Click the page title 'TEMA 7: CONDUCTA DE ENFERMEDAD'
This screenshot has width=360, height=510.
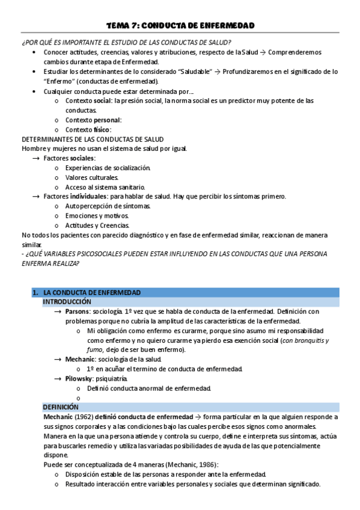point(180,25)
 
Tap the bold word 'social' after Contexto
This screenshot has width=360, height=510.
point(103,100)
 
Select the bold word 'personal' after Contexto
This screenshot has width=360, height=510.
point(107,120)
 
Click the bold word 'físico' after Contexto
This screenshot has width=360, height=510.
point(102,129)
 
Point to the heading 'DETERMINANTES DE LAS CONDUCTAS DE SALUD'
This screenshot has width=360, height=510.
point(92,139)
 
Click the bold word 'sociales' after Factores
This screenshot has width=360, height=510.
point(82,158)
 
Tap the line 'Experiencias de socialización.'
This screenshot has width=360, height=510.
point(108,167)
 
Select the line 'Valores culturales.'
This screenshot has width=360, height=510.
point(92,177)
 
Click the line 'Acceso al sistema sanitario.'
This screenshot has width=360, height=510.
point(105,186)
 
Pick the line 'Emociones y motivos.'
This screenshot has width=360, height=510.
point(97,215)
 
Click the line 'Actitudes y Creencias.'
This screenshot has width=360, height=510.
point(97,225)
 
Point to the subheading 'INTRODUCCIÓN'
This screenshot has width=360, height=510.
point(67,301)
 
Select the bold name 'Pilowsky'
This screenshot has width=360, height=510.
point(79,378)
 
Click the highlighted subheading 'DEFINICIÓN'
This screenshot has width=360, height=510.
point(61,407)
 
